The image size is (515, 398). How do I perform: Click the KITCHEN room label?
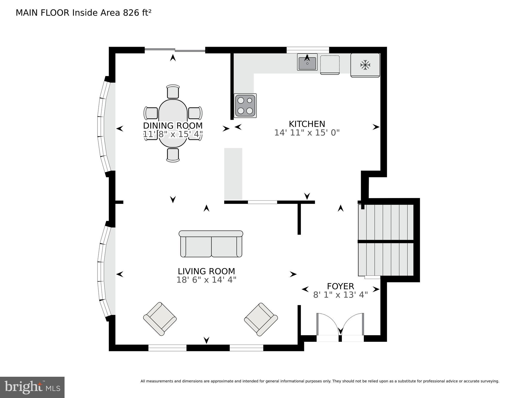tap(307, 124)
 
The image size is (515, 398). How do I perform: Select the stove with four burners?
tap(245, 106)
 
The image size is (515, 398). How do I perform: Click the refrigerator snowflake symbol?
tap(365, 65)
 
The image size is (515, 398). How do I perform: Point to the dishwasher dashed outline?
tap(330, 65)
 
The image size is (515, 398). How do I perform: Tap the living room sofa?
tap(211, 244)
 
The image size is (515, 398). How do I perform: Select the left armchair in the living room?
tap(160, 319)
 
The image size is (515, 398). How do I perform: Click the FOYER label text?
tap(340, 286)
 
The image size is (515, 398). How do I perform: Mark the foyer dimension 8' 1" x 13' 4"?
tap(340, 295)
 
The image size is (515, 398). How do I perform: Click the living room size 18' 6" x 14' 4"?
tap(206, 280)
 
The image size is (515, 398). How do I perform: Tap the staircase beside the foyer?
tap(385, 240)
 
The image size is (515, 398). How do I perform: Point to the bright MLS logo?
tap(32, 387)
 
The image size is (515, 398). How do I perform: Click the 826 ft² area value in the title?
tap(137, 13)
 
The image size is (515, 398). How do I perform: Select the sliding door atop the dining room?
tap(175, 50)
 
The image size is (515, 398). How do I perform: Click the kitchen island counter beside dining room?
tap(233, 173)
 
